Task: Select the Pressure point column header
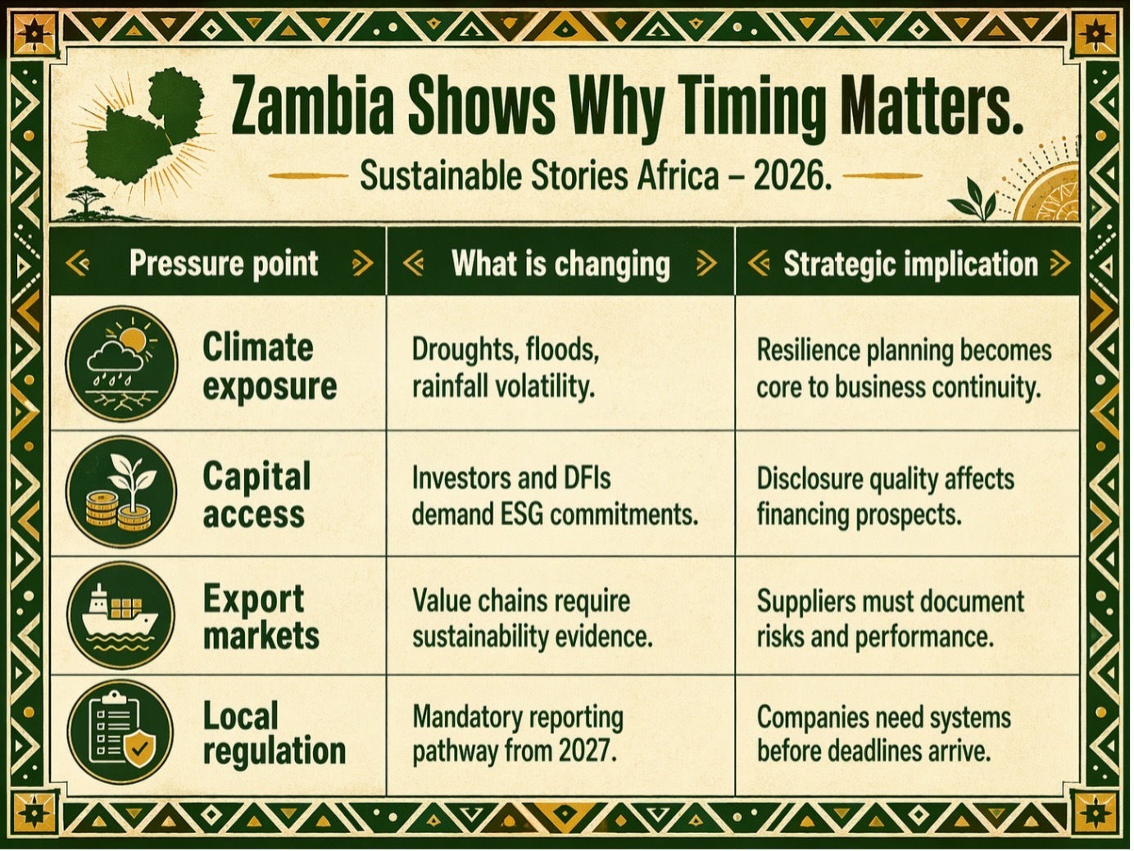223,263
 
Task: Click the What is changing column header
560,263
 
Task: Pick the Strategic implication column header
910,264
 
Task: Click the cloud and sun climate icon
121,363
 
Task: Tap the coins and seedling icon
121,492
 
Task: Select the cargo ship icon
121,616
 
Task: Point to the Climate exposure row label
270,366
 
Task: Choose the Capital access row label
256,495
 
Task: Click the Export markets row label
261,617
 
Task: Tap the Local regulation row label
274,733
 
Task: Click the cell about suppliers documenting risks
891,619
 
